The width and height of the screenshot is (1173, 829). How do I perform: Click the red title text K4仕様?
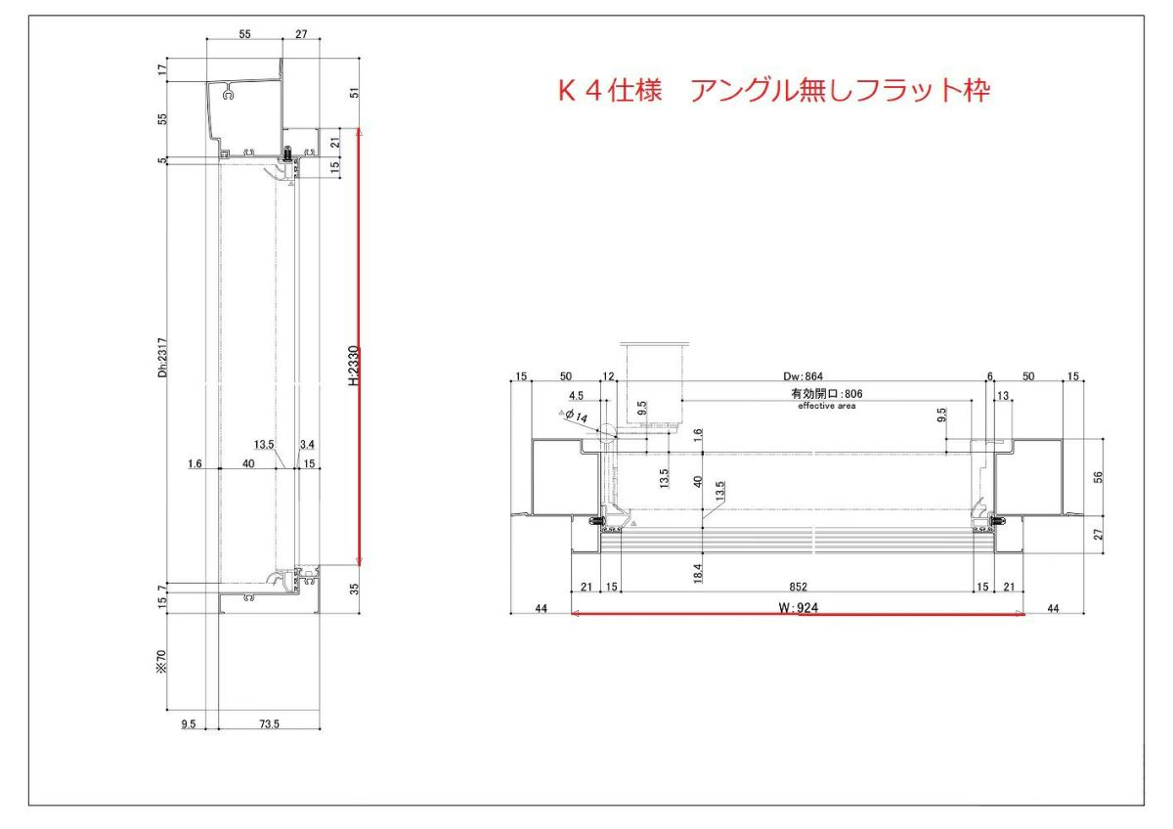tap(610, 91)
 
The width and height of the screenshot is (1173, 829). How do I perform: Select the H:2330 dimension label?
tap(355, 366)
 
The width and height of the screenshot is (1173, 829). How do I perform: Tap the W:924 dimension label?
tap(798, 608)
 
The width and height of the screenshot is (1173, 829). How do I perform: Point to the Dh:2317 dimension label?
tap(163, 357)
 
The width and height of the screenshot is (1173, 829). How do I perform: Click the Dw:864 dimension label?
tap(803, 376)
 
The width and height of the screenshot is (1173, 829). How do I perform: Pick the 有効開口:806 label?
tap(826, 393)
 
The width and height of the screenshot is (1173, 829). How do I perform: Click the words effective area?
tap(827, 406)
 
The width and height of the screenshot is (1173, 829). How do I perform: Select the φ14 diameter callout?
tap(576, 416)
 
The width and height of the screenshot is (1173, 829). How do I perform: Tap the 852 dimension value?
tap(798, 587)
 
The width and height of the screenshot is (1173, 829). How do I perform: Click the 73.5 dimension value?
tap(269, 723)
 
